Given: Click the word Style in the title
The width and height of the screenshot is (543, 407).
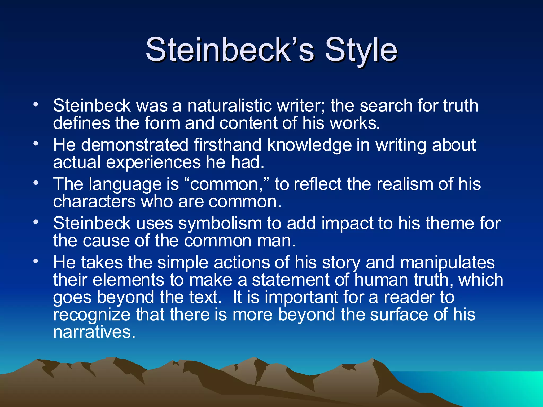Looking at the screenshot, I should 361,50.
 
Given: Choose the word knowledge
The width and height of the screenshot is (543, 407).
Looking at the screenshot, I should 309,145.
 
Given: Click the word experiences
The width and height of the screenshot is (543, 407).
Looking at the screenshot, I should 153,162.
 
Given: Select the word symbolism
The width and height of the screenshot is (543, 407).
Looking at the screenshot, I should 220,223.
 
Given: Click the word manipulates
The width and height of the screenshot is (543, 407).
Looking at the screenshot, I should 447,263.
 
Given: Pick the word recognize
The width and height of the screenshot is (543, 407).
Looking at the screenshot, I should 92,315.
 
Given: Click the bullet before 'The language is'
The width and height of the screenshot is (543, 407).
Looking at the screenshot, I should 36,183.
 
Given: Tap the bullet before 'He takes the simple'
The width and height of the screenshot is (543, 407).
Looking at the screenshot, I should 36,261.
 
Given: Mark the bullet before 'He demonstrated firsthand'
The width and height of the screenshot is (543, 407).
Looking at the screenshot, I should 36,143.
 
